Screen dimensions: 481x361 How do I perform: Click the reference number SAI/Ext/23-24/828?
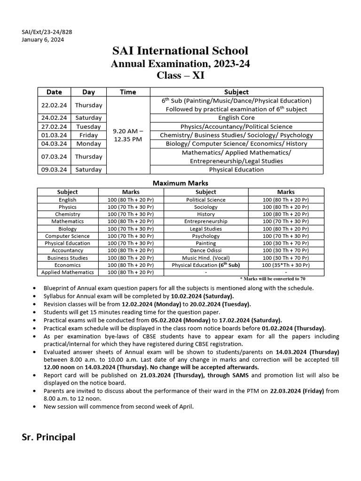(47, 32)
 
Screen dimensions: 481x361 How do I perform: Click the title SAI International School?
(180, 51)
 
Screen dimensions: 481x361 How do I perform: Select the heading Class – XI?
(180, 76)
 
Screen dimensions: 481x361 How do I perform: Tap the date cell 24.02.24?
(54, 118)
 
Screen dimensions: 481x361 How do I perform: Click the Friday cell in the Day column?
(88, 135)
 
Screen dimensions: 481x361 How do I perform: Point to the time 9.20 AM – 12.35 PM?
(128, 135)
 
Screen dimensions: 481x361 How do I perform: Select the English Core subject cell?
(236, 118)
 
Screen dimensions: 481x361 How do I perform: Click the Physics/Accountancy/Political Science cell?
(236, 126)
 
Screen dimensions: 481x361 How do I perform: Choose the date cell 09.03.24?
(54, 170)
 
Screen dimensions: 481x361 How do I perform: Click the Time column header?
(128, 92)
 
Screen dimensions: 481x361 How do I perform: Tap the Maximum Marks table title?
(180, 183)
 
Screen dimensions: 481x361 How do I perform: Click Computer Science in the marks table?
(67, 236)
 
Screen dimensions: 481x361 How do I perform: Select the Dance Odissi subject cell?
(206, 250)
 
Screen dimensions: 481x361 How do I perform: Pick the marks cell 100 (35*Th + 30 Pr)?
(286, 265)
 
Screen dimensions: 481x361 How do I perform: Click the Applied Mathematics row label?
(67, 272)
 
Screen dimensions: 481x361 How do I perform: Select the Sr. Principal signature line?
(48, 437)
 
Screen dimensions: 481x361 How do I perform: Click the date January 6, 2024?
(43, 39)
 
